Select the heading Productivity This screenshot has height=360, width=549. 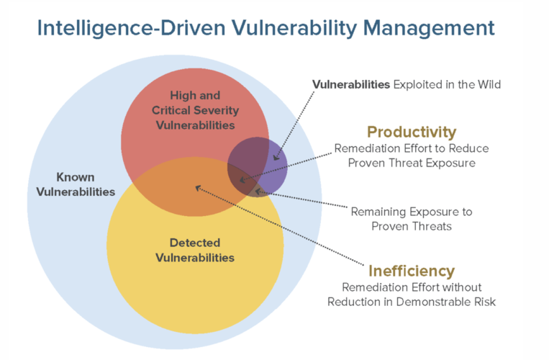pyautogui.click(x=411, y=132)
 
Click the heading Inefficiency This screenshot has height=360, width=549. pyautogui.click(x=412, y=271)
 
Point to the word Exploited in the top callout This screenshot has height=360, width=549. pyautogui.click(x=416, y=84)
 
